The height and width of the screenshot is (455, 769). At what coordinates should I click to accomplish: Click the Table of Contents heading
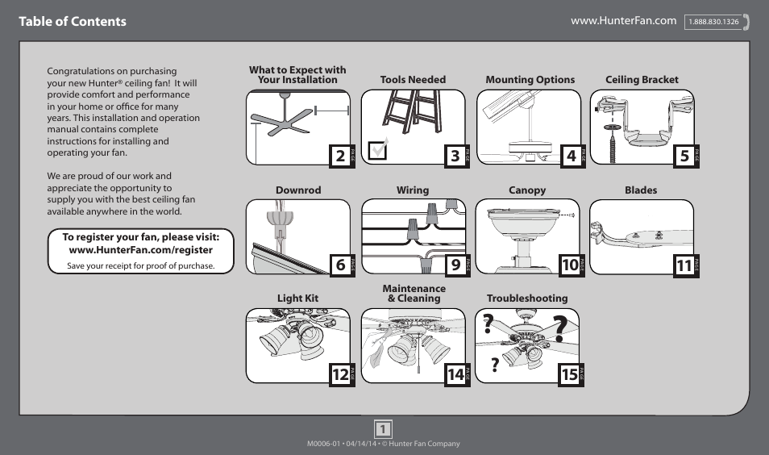tap(73, 22)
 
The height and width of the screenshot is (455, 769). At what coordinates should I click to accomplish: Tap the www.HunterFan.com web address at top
tap(623, 20)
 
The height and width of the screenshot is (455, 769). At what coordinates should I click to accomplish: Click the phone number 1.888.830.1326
tap(713, 22)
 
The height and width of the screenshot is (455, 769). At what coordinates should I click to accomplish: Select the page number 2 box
tap(340, 156)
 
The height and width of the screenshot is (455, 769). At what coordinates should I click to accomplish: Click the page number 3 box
tap(455, 156)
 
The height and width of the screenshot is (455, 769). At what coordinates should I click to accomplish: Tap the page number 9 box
tap(455, 265)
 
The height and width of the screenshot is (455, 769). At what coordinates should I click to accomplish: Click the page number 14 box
tap(455, 374)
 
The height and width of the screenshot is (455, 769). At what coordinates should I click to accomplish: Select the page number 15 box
tap(570, 374)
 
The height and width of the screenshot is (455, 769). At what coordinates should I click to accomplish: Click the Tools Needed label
tap(413, 80)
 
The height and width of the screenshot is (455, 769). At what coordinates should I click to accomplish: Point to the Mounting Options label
tap(530, 80)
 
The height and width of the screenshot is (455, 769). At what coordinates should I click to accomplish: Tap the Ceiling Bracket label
tap(642, 80)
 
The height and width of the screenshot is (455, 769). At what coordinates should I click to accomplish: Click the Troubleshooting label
tap(527, 298)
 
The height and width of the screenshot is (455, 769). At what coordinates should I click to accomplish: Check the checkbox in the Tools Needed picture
tap(376, 151)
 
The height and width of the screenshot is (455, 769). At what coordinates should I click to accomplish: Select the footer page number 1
tap(384, 428)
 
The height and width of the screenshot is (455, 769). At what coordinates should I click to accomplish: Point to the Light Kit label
tap(298, 298)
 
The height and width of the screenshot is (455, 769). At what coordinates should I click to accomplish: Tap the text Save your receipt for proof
tap(141, 265)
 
